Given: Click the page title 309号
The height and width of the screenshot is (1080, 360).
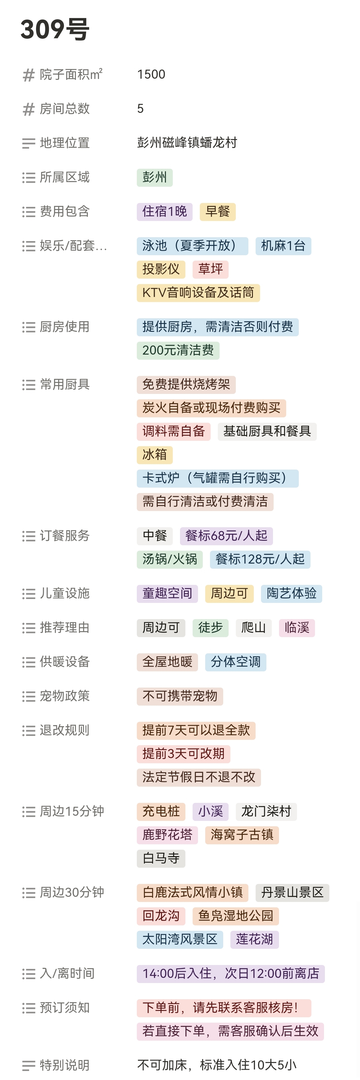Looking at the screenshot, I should tap(55, 29).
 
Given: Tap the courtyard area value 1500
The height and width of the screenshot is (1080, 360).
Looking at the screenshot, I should tap(151, 75).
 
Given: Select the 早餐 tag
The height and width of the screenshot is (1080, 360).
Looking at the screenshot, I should tap(217, 212).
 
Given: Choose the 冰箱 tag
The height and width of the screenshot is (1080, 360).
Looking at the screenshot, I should tap(154, 455).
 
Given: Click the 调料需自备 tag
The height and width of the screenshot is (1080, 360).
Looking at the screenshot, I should tap(173, 431).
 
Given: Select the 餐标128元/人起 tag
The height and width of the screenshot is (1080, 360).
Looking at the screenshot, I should tap(260, 559).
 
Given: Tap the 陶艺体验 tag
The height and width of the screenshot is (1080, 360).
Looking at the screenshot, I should tap(291, 594).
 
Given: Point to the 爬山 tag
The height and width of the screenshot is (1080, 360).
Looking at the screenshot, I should tap(253, 628).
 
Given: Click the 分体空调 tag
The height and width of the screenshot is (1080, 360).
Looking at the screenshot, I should tap(235, 662).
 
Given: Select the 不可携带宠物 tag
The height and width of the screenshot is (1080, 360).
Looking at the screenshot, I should tap(179, 696).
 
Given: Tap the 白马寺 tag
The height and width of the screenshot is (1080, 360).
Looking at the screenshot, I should tap(160, 858).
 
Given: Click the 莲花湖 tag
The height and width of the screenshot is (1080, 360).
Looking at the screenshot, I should tap(254, 939).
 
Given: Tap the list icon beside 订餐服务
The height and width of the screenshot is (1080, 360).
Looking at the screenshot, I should tap(28, 536).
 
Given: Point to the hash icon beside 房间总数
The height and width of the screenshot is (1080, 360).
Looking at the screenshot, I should tap(28, 109).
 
